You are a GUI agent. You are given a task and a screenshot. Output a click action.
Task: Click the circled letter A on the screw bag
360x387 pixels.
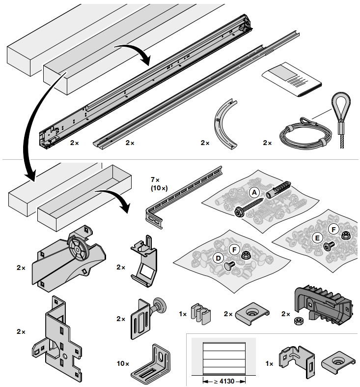pyautogui.click(x=254, y=192)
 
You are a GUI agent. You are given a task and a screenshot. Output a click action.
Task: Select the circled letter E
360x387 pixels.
pyautogui.click(x=317, y=238)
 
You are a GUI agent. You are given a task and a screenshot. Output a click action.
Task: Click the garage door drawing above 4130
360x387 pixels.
pyautogui.click(x=223, y=357)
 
